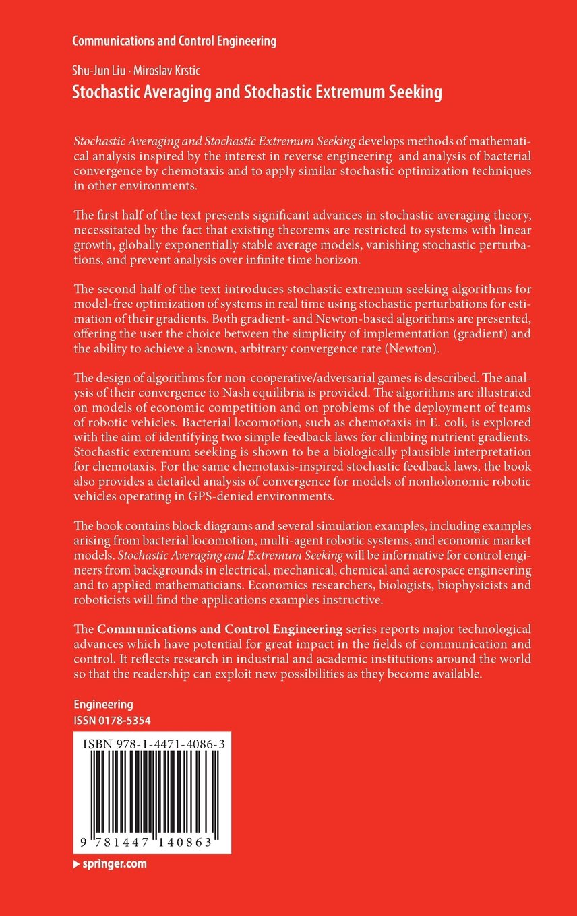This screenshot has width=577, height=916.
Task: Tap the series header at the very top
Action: click(174, 41)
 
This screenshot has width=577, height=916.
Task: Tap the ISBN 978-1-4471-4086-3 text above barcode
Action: click(152, 744)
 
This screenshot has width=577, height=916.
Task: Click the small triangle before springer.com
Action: click(77, 863)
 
